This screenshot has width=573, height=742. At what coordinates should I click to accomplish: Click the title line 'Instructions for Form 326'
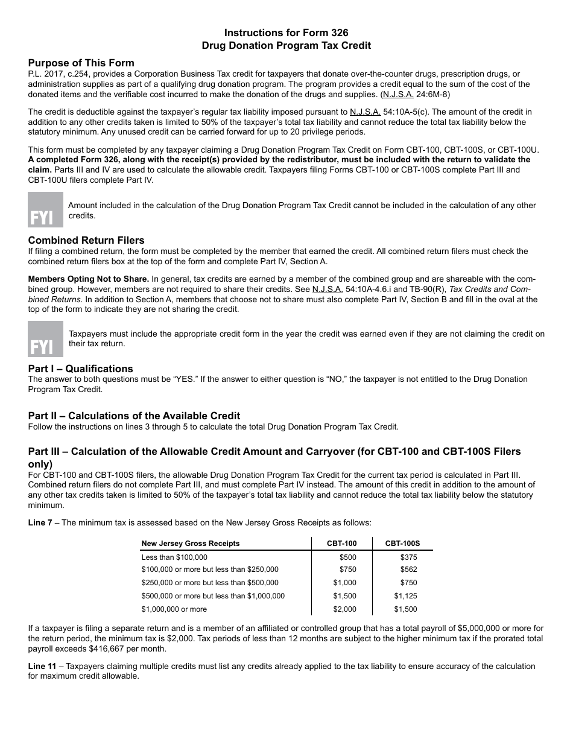(x=286, y=33)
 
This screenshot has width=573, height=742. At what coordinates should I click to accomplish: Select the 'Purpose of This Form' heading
(x=81, y=63)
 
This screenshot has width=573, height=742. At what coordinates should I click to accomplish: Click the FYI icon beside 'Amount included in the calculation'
(x=45, y=210)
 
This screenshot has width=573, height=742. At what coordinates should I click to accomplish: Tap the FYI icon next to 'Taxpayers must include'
(x=45, y=339)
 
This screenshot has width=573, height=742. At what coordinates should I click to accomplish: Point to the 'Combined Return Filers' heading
(x=86, y=241)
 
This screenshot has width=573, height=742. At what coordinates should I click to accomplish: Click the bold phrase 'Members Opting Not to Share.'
(x=89, y=279)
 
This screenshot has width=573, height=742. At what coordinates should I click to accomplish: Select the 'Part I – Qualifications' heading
(x=80, y=369)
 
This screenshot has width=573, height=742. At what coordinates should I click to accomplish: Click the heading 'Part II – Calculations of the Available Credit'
(x=134, y=416)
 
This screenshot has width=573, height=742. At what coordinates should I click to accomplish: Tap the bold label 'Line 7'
(x=40, y=522)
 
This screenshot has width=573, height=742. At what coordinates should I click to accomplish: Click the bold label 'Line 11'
(x=42, y=666)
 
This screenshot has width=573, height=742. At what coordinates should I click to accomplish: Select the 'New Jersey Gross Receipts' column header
(x=191, y=544)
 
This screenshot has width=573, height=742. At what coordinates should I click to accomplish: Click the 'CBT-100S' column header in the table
(x=402, y=544)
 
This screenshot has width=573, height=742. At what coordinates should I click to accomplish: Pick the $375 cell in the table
(x=408, y=557)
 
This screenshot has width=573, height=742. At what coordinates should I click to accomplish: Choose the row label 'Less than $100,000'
(x=174, y=557)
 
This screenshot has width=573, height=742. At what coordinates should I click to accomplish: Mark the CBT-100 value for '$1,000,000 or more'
(x=344, y=609)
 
